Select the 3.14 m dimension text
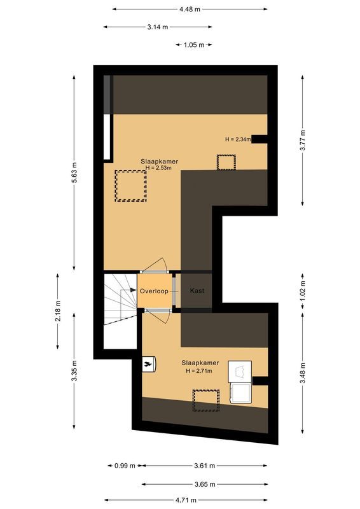tap(157, 27)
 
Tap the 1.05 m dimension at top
tap(193, 45)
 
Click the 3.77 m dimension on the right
tap(303, 139)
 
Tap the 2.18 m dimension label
tap(58, 312)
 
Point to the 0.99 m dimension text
tap(124, 466)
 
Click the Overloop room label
tap(154, 291)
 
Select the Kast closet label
tap(197, 291)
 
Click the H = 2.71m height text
tap(198, 370)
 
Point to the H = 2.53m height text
tap(159, 169)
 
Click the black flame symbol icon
tap(148, 363)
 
